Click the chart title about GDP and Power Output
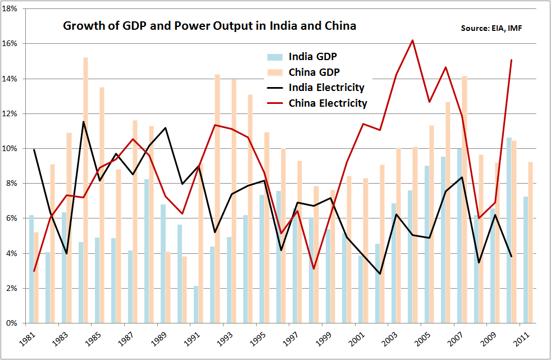pos(209,26)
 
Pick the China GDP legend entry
pos(314,72)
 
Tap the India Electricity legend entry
pos(326,88)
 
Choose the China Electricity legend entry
pos(327,103)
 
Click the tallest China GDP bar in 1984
pos(85,191)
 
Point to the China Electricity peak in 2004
pos(412,40)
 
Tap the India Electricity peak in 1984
pos(83,122)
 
